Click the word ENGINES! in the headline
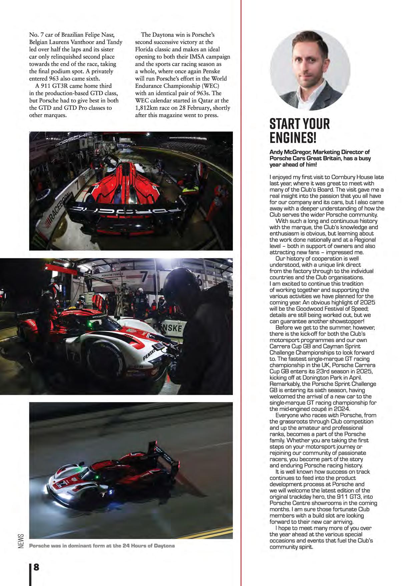click(x=293, y=137)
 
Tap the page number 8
click(x=36, y=567)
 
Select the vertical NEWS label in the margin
click(x=21, y=543)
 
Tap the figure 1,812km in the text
click(x=148, y=108)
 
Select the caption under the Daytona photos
click(x=102, y=546)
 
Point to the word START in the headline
click(x=283, y=124)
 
